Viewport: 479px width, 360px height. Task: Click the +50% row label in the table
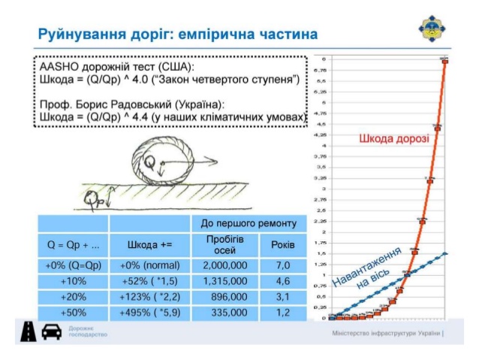coord(73,313)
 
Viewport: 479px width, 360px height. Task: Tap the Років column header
coord(283,244)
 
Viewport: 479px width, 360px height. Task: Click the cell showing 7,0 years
coord(283,265)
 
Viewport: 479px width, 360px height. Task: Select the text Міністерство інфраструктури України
coord(385,333)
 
